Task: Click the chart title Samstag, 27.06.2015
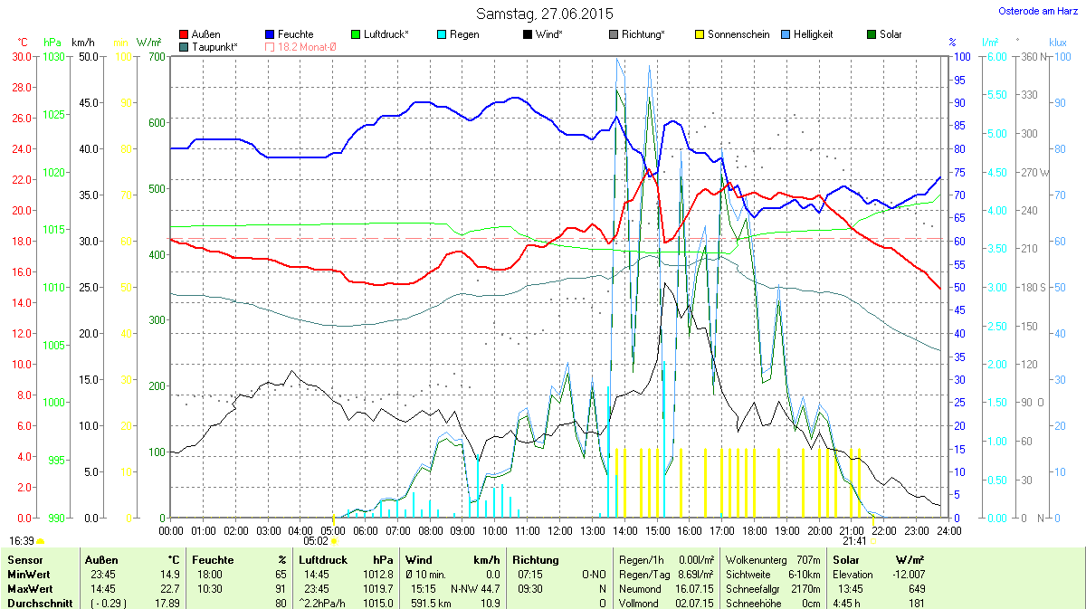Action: tap(544, 14)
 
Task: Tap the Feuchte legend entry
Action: tap(291, 34)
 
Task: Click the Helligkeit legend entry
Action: tap(813, 34)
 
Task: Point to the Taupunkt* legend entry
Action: tap(214, 46)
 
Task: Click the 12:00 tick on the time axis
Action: tap(560, 530)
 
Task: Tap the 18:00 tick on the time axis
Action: tap(755, 530)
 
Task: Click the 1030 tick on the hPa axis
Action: tap(54, 56)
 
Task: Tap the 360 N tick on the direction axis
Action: tap(1033, 56)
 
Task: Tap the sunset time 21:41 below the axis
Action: tap(854, 540)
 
